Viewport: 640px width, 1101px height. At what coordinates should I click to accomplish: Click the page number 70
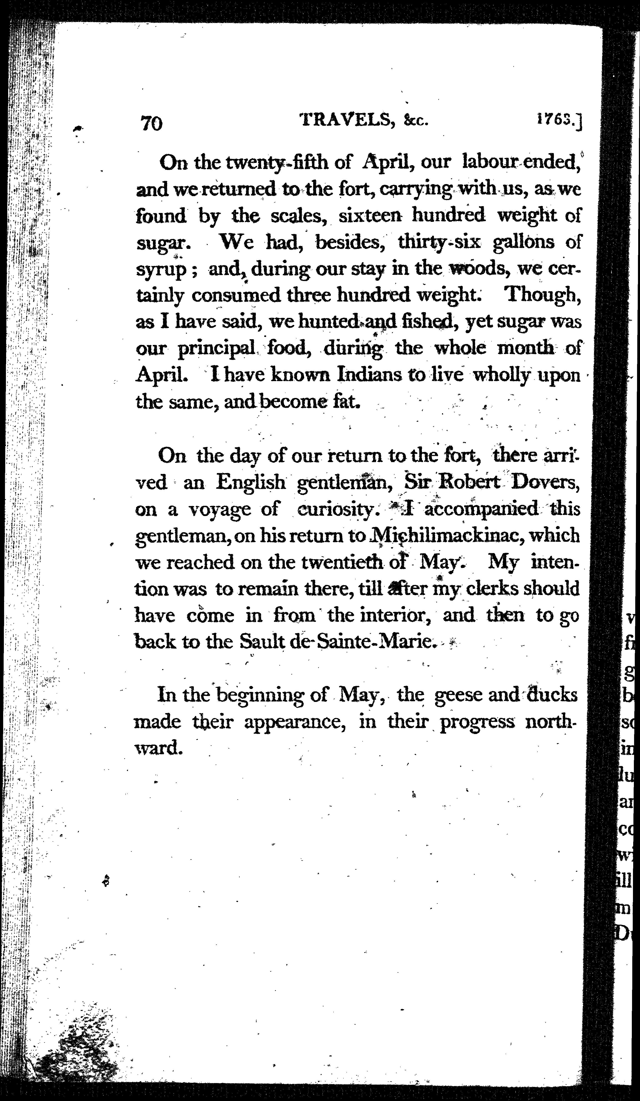[152, 123]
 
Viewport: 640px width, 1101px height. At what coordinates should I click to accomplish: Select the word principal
[216, 348]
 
